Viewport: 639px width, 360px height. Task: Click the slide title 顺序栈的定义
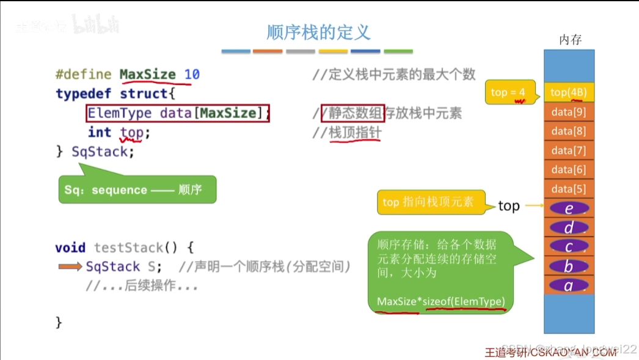[x=318, y=32]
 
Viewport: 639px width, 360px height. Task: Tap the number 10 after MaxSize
[x=192, y=75]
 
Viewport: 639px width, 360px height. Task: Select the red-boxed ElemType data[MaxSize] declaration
[x=178, y=113]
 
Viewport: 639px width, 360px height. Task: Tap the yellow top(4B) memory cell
[x=568, y=92]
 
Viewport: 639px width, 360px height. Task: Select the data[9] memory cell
[x=568, y=112]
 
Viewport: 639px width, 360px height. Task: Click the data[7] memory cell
[x=568, y=150]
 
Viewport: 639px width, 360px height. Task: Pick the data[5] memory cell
[x=568, y=189]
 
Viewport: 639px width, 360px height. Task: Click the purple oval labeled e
[x=569, y=208]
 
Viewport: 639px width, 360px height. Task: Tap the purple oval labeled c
[x=569, y=247]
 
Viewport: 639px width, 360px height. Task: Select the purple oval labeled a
[x=569, y=285]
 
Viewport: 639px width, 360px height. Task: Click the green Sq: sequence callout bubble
[x=137, y=190]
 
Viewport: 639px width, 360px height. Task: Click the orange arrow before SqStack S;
[x=70, y=266]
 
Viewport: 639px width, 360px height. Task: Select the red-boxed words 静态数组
[x=353, y=112]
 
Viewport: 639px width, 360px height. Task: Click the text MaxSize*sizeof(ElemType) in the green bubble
[x=440, y=301]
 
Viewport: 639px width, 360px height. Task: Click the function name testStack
[x=128, y=248]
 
